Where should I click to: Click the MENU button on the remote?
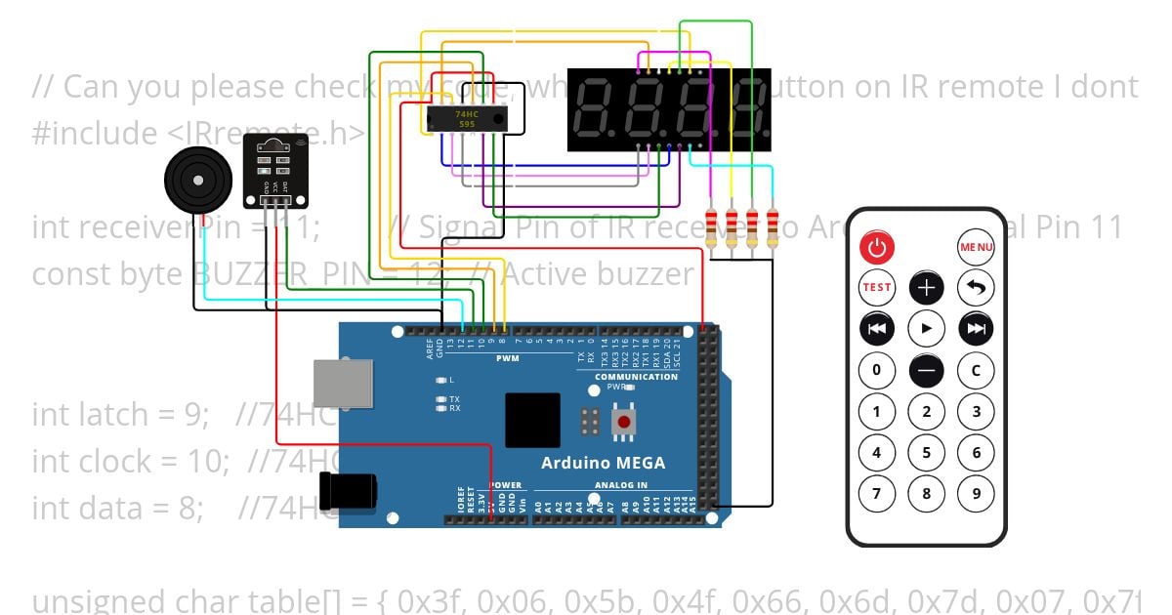tap(976, 247)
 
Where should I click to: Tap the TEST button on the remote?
tap(876, 287)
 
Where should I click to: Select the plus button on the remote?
tap(926, 287)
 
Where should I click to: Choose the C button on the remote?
tap(976, 370)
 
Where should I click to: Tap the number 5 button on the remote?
tap(926, 452)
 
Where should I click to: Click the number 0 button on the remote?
tap(876, 370)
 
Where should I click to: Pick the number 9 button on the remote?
tap(976, 493)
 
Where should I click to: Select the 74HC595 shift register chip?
tap(466, 119)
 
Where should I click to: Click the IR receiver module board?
tap(275, 171)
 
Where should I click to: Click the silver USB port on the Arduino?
tap(342, 384)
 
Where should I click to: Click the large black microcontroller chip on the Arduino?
tap(532, 420)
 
